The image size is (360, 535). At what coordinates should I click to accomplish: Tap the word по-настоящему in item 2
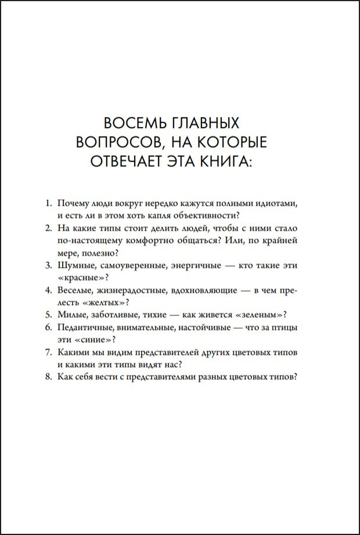pos(87,239)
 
